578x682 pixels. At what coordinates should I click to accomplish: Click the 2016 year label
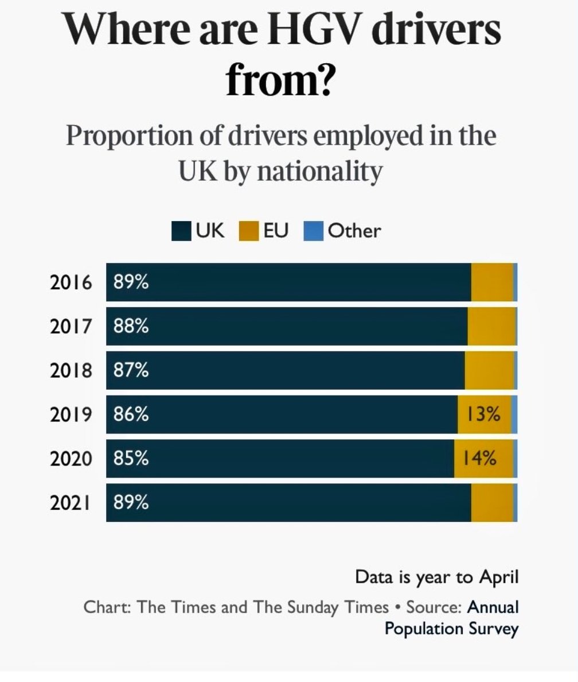[x=71, y=282]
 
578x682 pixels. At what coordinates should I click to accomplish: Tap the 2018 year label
[x=71, y=371]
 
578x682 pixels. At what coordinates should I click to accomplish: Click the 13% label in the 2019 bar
[x=483, y=414]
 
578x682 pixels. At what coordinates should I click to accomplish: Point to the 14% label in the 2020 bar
[x=480, y=459]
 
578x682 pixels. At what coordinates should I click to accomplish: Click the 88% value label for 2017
[x=131, y=327]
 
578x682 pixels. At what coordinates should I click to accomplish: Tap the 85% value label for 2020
[x=131, y=459]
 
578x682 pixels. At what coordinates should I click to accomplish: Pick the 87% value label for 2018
[x=131, y=371]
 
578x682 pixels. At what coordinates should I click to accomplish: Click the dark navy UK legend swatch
[x=181, y=231]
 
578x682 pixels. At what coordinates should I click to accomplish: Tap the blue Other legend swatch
[x=313, y=231]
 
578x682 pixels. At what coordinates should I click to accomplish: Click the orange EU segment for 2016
[x=491, y=282]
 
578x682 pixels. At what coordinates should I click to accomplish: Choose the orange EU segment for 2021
[x=491, y=503]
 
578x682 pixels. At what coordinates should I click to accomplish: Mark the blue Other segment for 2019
[x=514, y=414]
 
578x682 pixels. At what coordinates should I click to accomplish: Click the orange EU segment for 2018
[x=489, y=371]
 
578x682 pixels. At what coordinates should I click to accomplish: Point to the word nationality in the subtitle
[x=319, y=172]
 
